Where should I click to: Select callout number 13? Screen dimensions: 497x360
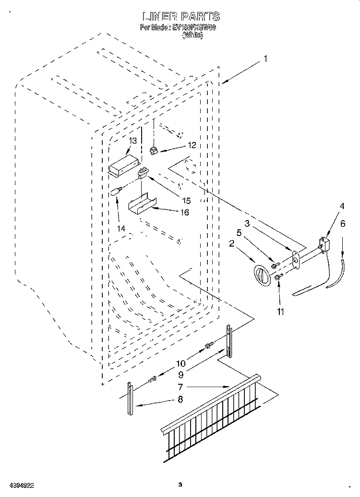point(132,141)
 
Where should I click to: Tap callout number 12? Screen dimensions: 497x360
point(192,145)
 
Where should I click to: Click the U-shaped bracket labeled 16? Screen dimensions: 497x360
point(141,203)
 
